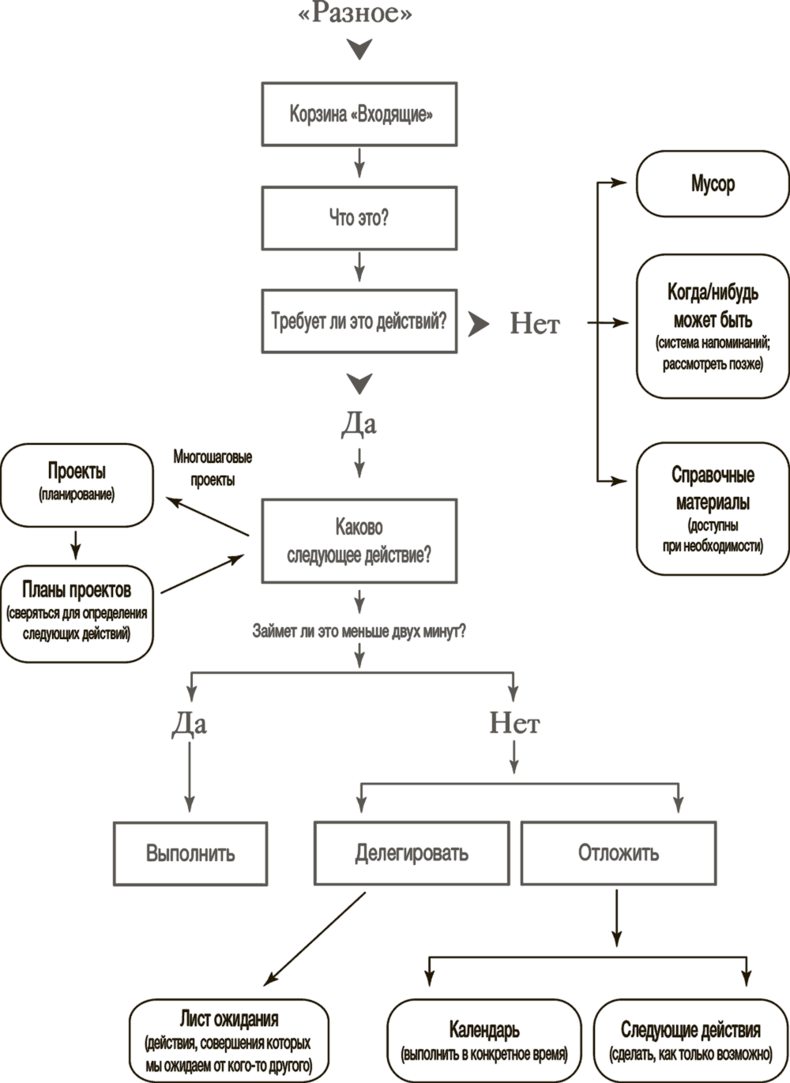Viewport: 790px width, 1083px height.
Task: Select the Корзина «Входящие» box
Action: tap(359, 114)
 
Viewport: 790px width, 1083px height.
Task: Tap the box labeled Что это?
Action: tap(359, 218)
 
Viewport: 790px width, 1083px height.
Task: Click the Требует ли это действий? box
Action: tap(359, 321)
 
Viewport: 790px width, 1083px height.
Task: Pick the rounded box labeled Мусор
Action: tap(713, 185)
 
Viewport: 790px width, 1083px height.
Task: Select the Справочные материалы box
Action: tap(713, 509)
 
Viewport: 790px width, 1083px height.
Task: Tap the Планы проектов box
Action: tap(77, 612)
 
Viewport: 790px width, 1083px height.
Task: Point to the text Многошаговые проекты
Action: tap(213, 468)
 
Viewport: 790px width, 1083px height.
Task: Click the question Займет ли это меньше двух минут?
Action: tap(359, 631)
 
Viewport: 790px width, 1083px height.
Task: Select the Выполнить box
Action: tap(190, 853)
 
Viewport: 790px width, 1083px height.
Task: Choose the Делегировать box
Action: tap(411, 853)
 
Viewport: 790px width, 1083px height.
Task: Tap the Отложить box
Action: tap(619, 853)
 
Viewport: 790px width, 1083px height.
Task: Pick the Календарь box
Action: tap(483, 1040)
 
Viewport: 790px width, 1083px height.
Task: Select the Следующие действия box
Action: tap(690, 1040)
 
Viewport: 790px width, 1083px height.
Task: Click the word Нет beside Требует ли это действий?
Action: tap(535, 324)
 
